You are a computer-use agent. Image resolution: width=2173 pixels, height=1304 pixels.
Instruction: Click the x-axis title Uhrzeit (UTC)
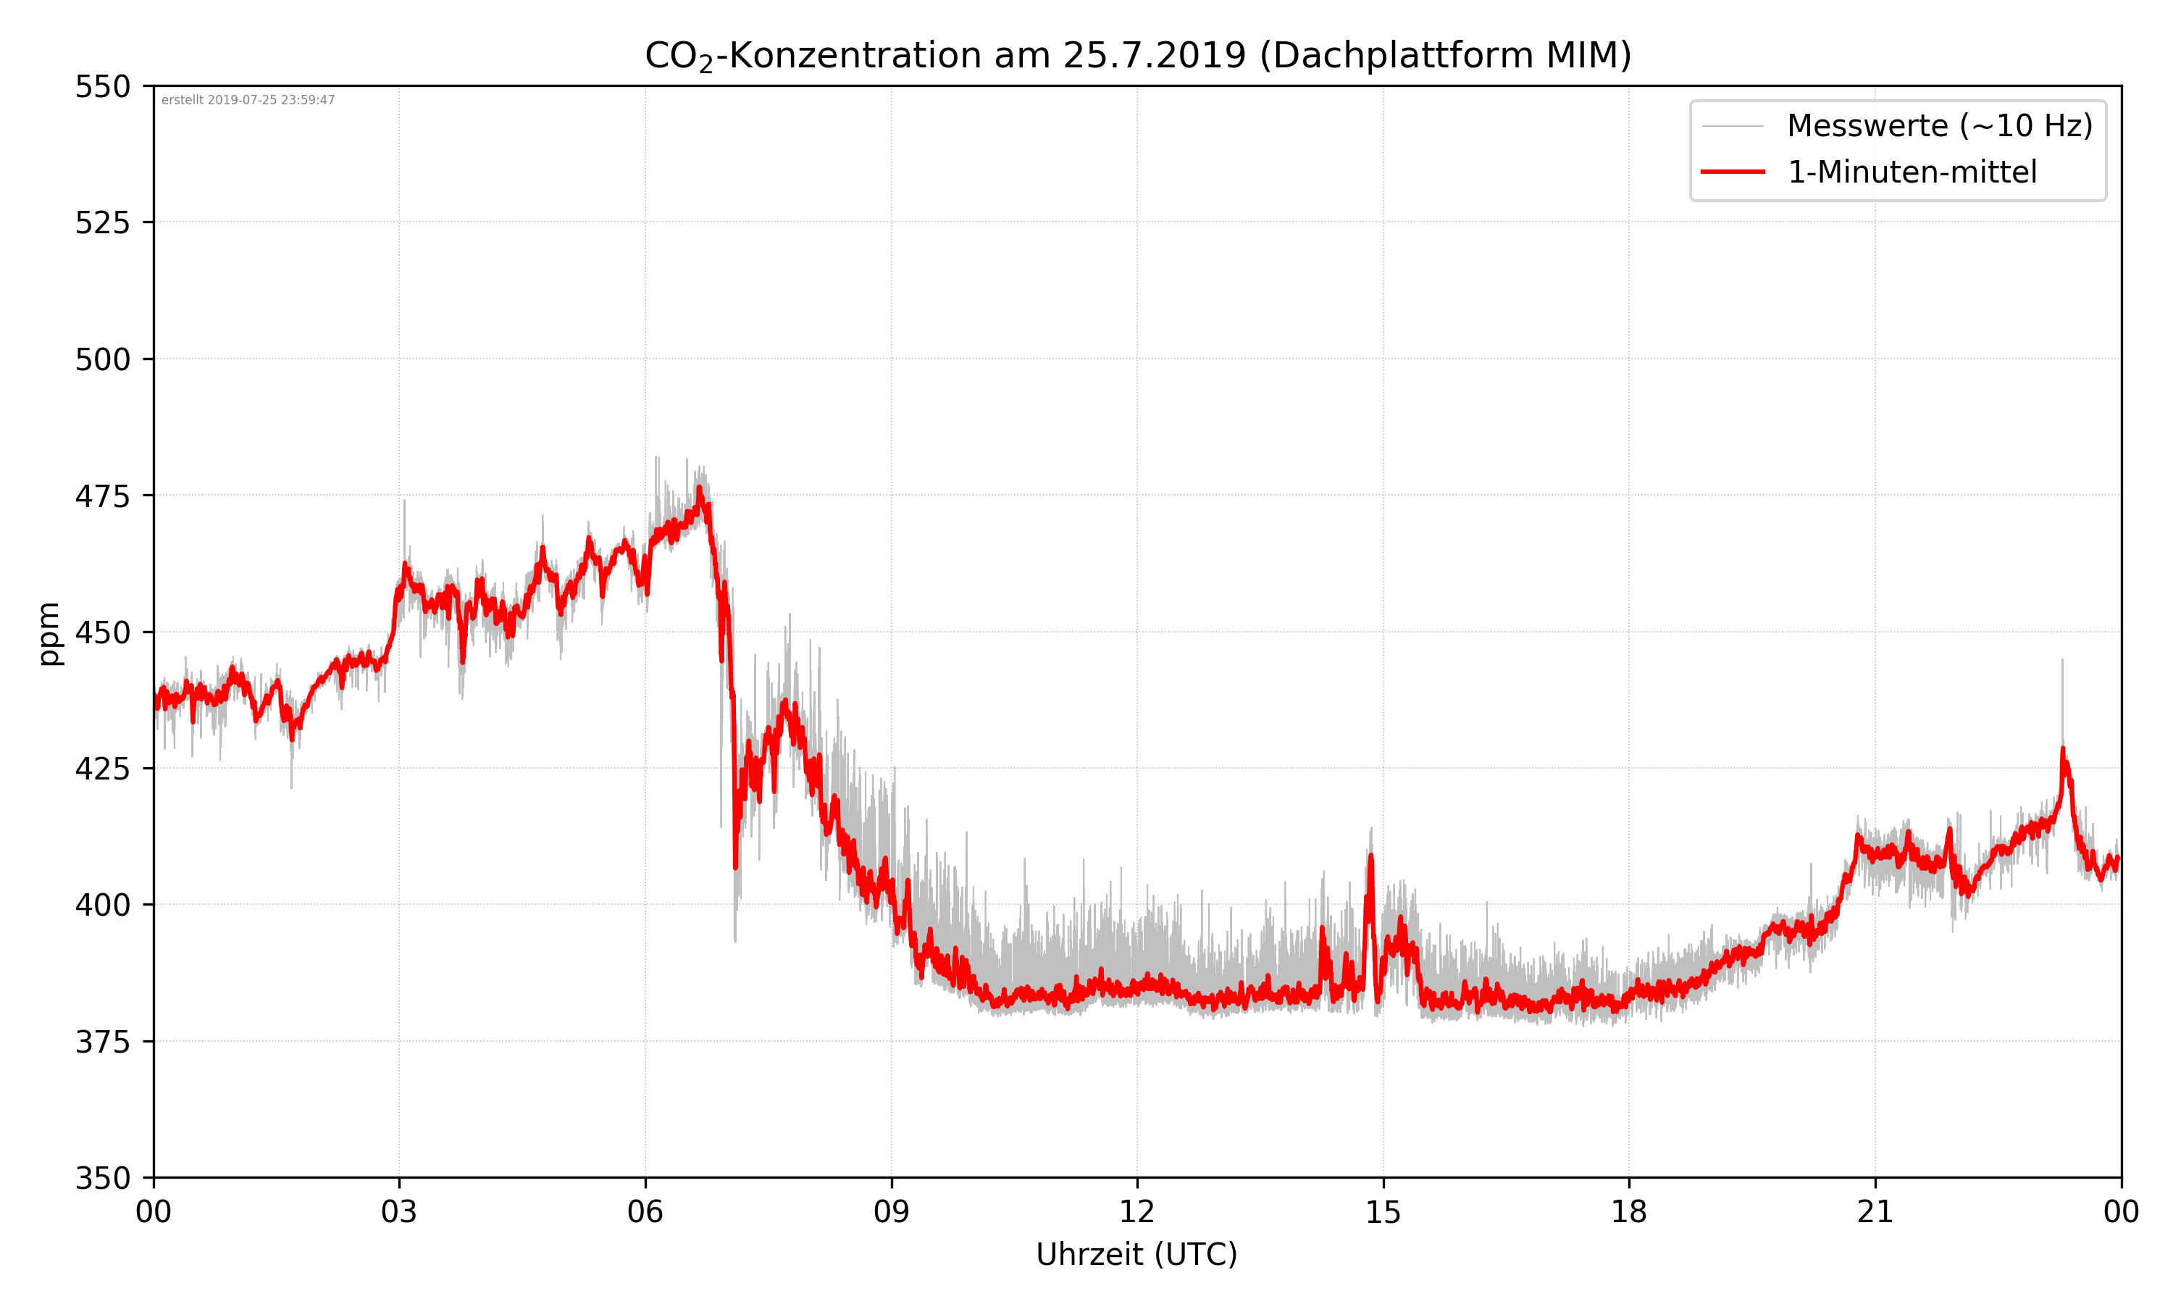pyautogui.click(x=1136, y=1254)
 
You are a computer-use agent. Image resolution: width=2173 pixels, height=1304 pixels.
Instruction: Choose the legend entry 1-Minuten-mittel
pyautogui.click(x=1912, y=172)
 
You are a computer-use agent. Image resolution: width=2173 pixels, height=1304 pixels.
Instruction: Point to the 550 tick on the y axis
pyautogui.click(x=102, y=87)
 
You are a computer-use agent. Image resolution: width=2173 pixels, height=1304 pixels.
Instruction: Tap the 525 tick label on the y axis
pyautogui.click(x=102, y=223)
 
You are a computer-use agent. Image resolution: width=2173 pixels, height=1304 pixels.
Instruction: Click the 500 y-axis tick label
pyautogui.click(x=102, y=359)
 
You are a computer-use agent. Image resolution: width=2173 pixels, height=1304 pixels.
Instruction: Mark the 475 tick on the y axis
pyautogui.click(x=102, y=496)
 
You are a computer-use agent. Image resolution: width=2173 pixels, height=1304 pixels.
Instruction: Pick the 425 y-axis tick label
pyautogui.click(x=102, y=769)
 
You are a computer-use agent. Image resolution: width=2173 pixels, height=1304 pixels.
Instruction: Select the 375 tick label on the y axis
pyautogui.click(x=102, y=1042)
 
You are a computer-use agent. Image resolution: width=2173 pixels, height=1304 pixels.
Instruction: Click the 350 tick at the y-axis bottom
pyautogui.click(x=102, y=1179)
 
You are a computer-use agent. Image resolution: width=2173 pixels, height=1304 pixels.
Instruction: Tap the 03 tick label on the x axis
pyautogui.click(x=399, y=1213)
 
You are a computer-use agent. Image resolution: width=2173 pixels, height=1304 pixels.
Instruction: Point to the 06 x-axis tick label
pyautogui.click(x=645, y=1213)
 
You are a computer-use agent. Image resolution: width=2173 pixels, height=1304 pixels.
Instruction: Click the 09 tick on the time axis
pyautogui.click(x=891, y=1213)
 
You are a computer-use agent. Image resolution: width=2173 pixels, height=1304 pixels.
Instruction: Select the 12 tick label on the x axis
pyautogui.click(x=1136, y=1213)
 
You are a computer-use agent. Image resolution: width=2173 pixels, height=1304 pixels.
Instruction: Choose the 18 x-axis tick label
pyautogui.click(x=1628, y=1213)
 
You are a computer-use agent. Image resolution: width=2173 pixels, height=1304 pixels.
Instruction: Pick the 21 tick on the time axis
pyautogui.click(x=1875, y=1213)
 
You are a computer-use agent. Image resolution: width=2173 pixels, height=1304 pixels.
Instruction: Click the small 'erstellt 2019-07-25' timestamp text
pyautogui.click(x=248, y=100)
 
